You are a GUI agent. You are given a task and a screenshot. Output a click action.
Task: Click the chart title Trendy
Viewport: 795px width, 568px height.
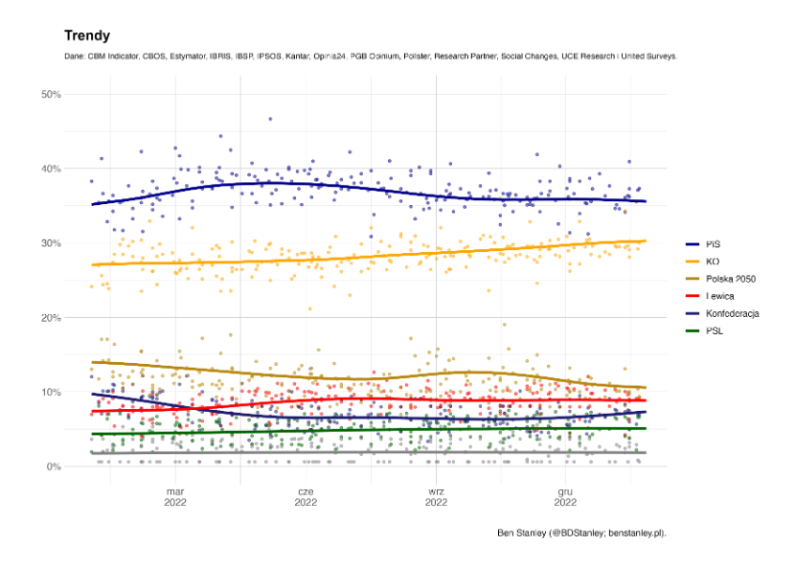point(87,35)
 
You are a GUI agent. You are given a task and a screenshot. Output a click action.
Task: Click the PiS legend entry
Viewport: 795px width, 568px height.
point(713,244)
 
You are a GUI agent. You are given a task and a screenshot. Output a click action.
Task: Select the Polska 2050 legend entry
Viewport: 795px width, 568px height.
point(732,279)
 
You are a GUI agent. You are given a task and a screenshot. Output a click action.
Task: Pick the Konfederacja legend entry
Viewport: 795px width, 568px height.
point(733,313)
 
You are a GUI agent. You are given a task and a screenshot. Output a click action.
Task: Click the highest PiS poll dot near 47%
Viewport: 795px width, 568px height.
point(271,119)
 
